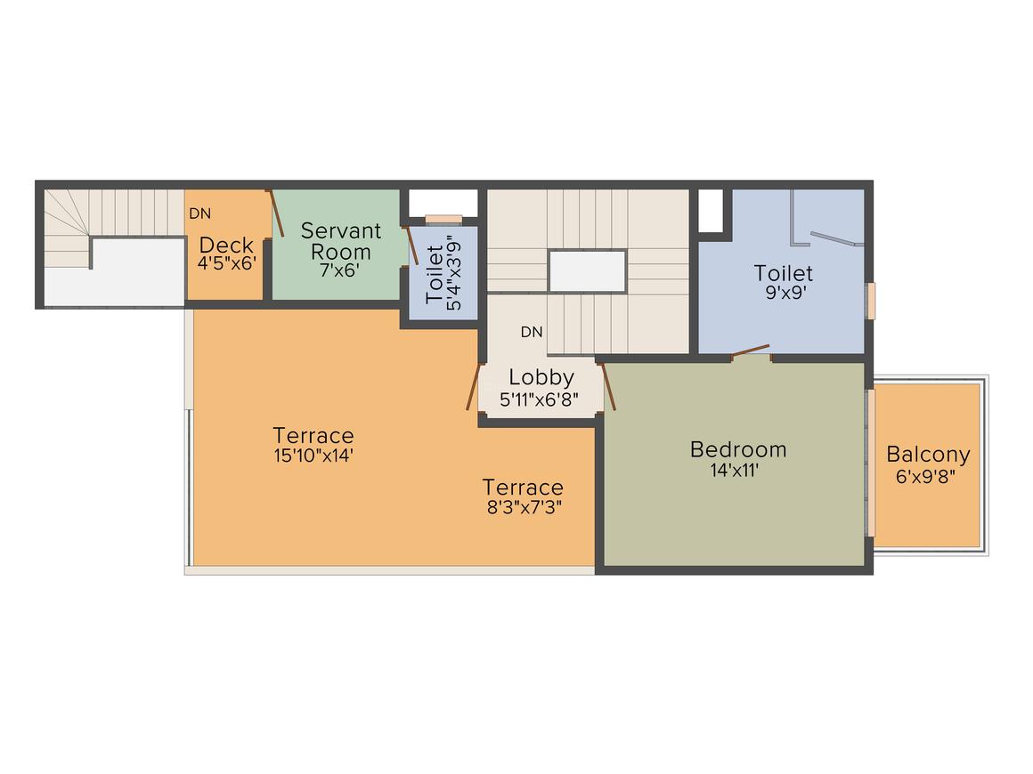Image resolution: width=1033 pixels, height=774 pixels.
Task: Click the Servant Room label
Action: tap(340, 241)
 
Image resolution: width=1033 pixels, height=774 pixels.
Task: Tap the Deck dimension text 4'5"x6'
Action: tap(226, 264)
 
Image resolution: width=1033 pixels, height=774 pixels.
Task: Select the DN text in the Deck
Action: tap(199, 214)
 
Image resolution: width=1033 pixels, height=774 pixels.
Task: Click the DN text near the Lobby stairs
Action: tap(531, 332)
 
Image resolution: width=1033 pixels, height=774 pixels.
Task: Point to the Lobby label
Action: tap(541, 377)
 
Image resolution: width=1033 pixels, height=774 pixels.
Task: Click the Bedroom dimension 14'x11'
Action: tap(734, 471)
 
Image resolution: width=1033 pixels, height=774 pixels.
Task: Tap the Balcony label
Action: tap(928, 455)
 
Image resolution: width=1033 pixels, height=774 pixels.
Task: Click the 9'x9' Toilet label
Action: tap(784, 272)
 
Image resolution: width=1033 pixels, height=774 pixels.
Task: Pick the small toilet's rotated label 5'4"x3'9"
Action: tap(454, 276)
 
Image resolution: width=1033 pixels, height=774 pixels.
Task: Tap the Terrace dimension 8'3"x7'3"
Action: tap(523, 508)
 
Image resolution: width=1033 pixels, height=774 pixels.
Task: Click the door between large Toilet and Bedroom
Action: tap(750, 351)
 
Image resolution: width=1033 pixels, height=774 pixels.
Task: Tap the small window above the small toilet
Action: tap(443, 220)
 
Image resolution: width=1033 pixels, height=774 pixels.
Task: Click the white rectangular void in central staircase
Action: tap(587, 270)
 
